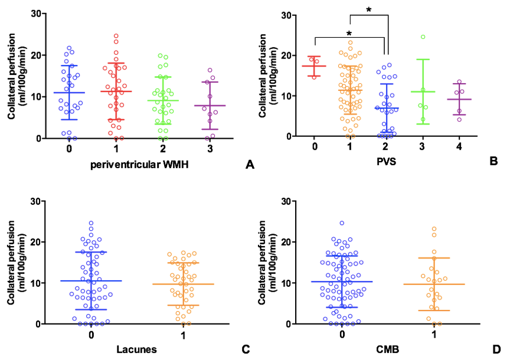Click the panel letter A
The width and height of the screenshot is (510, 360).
click(x=249, y=165)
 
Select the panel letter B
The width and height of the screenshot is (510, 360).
click(x=494, y=159)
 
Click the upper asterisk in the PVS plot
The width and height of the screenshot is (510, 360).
click(x=369, y=10)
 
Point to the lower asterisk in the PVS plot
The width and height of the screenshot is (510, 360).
click(x=349, y=34)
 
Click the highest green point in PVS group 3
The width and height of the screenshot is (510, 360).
click(x=423, y=37)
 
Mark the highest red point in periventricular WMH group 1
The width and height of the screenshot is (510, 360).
click(x=116, y=36)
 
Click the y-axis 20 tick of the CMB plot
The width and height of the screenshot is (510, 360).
click(x=295, y=242)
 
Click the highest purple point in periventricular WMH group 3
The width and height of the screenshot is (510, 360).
click(x=210, y=70)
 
